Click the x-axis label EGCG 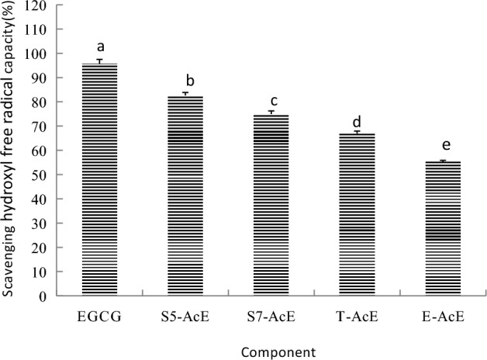(x=100, y=317)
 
